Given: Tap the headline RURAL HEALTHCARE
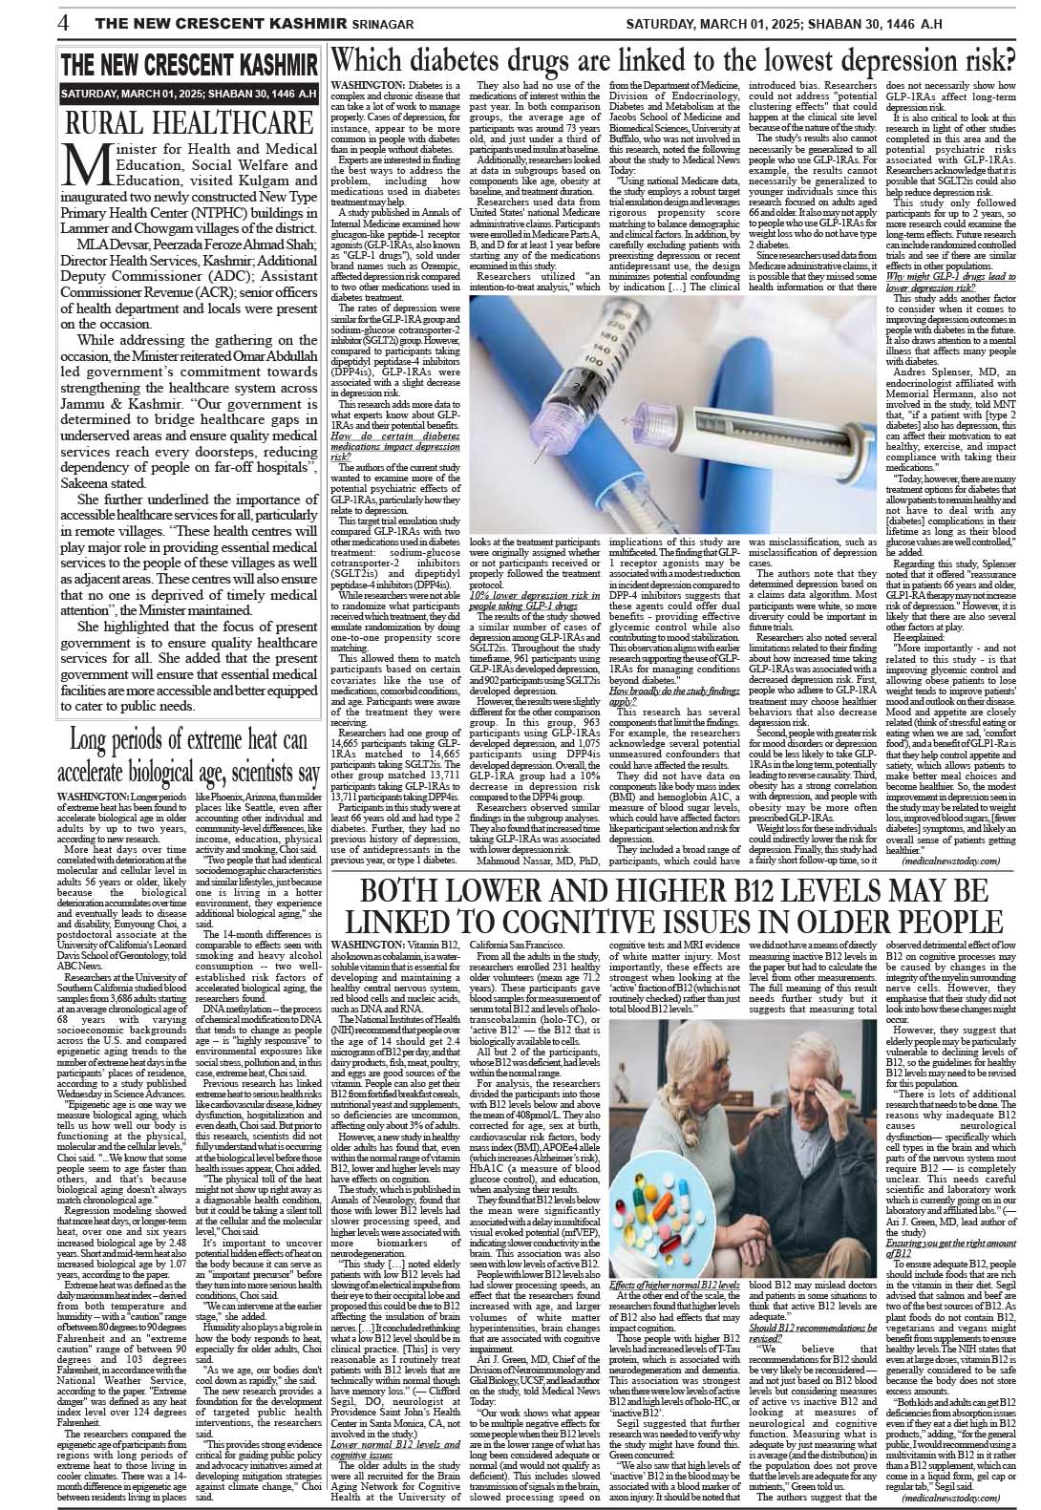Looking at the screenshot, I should point(189,123).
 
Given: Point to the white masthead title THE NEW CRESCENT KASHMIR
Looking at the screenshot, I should point(189,66).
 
